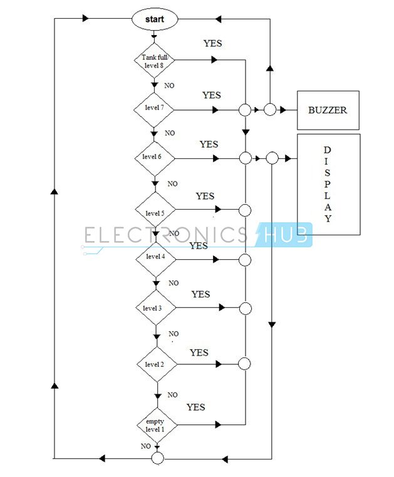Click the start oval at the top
coord(154,19)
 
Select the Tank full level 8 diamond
coord(154,61)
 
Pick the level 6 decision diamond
coord(154,157)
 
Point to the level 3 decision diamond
coord(155,308)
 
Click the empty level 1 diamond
coord(157,426)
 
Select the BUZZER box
coord(328,110)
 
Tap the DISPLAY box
coord(328,184)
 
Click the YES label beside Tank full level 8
coord(213,44)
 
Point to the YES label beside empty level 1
coord(195,408)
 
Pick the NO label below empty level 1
coord(145,446)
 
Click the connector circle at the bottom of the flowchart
coord(157,459)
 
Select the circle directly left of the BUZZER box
coord(270,110)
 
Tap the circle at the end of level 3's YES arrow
coord(246,308)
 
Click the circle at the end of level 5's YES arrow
coord(246,210)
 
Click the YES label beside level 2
coord(199,353)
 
